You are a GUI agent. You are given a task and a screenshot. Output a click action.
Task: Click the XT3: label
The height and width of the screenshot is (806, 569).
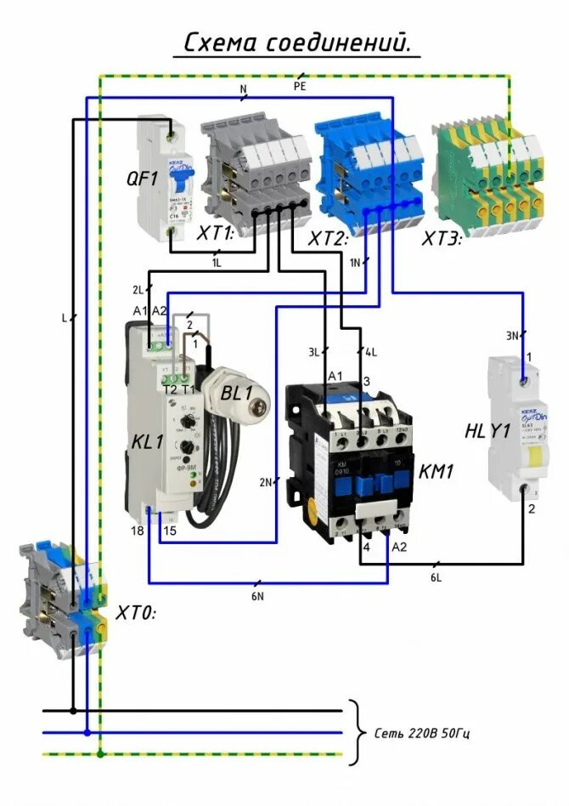pos(442,240)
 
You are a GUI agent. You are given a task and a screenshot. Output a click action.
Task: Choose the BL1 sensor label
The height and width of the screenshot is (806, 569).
pos(236,394)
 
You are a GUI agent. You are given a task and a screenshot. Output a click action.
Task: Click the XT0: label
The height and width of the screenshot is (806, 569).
pos(136,612)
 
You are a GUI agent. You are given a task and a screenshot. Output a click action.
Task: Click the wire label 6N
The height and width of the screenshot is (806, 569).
pos(257,596)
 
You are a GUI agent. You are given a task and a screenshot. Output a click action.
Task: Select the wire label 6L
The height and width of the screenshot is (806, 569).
pos(436,577)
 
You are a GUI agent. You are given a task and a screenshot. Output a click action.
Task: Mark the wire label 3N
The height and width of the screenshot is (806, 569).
pos(512,336)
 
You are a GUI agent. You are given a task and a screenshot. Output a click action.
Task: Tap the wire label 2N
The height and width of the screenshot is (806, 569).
pos(267,483)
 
